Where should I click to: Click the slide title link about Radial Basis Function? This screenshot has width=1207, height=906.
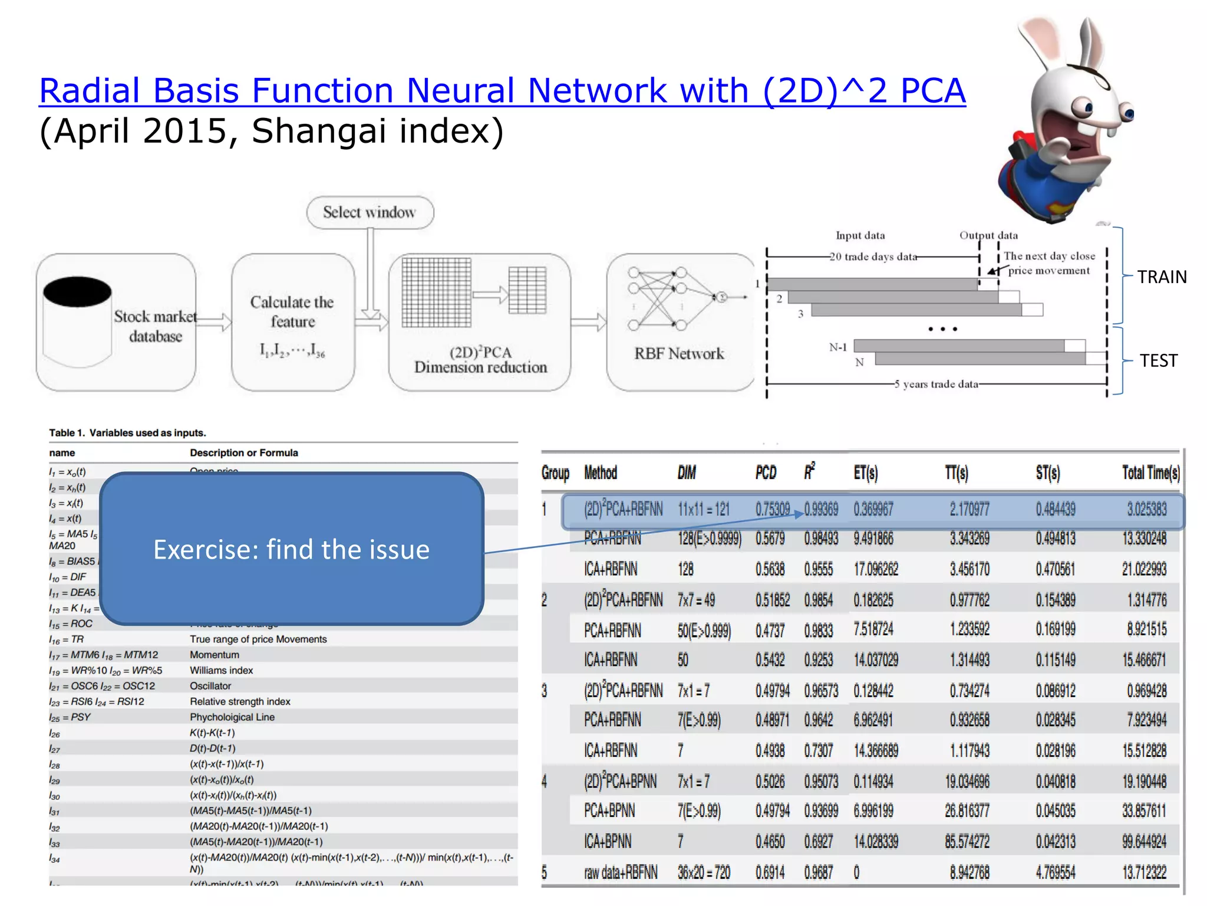point(502,91)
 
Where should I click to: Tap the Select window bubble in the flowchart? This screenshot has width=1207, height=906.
point(370,212)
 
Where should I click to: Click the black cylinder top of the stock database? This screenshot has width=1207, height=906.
point(77,292)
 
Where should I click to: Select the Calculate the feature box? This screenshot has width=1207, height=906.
point(293,321)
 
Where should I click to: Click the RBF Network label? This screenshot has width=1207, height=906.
point(679,353)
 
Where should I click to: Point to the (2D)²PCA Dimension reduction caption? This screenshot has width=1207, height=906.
point(480,360)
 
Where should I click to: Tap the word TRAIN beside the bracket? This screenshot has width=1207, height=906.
point(1162,277)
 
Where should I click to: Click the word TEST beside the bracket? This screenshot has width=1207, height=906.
point(1158,360)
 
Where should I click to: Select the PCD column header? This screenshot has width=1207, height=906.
point(766,472)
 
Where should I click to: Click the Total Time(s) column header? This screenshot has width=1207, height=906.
point(1150,472)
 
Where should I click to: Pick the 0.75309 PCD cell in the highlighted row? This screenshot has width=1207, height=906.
point(773,509)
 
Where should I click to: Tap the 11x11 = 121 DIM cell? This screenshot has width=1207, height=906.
point(703,509)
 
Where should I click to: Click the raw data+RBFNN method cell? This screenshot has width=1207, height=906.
point(620,872)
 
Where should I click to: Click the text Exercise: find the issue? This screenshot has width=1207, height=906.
point(291,549)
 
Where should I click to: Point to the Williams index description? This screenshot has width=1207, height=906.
point(221,671)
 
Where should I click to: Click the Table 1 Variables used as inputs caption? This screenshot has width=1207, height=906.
point(127,433)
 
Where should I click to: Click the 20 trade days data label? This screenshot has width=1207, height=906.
point(873,257)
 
